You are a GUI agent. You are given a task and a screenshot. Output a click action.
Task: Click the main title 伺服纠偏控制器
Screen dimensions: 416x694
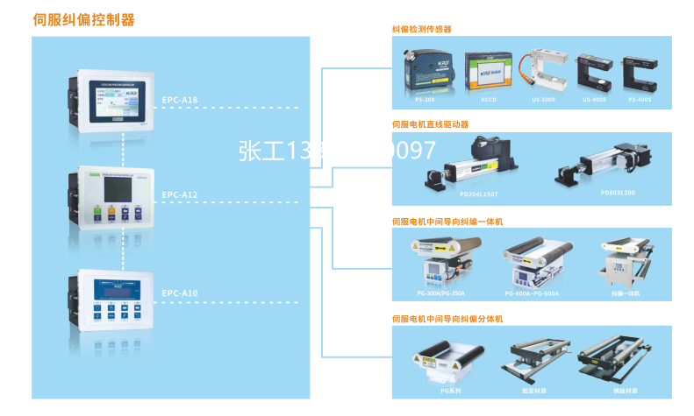tap(83, 18)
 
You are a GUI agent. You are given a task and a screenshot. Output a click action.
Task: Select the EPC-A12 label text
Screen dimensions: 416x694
tap(180, 194)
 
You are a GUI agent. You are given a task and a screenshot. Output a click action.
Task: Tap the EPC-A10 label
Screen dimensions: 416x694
tap(180, 293)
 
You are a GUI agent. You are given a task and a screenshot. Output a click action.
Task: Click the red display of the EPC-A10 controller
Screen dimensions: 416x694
tap(115, 293)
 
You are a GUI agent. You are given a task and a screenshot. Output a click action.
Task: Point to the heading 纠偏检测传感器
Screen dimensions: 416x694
tap(421, 29)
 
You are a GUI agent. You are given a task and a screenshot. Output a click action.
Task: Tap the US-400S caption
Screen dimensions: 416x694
tap(594, 101)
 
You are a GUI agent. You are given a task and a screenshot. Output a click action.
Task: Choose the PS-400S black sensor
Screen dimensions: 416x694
tap(640, 74)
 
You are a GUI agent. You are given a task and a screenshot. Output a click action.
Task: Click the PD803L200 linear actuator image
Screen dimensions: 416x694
tap(603, 166)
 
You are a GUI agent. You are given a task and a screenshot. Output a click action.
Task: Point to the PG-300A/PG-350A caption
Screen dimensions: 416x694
tap(440, 293)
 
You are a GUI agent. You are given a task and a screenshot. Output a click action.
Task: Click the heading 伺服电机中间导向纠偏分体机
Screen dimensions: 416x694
tap(447, 318)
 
